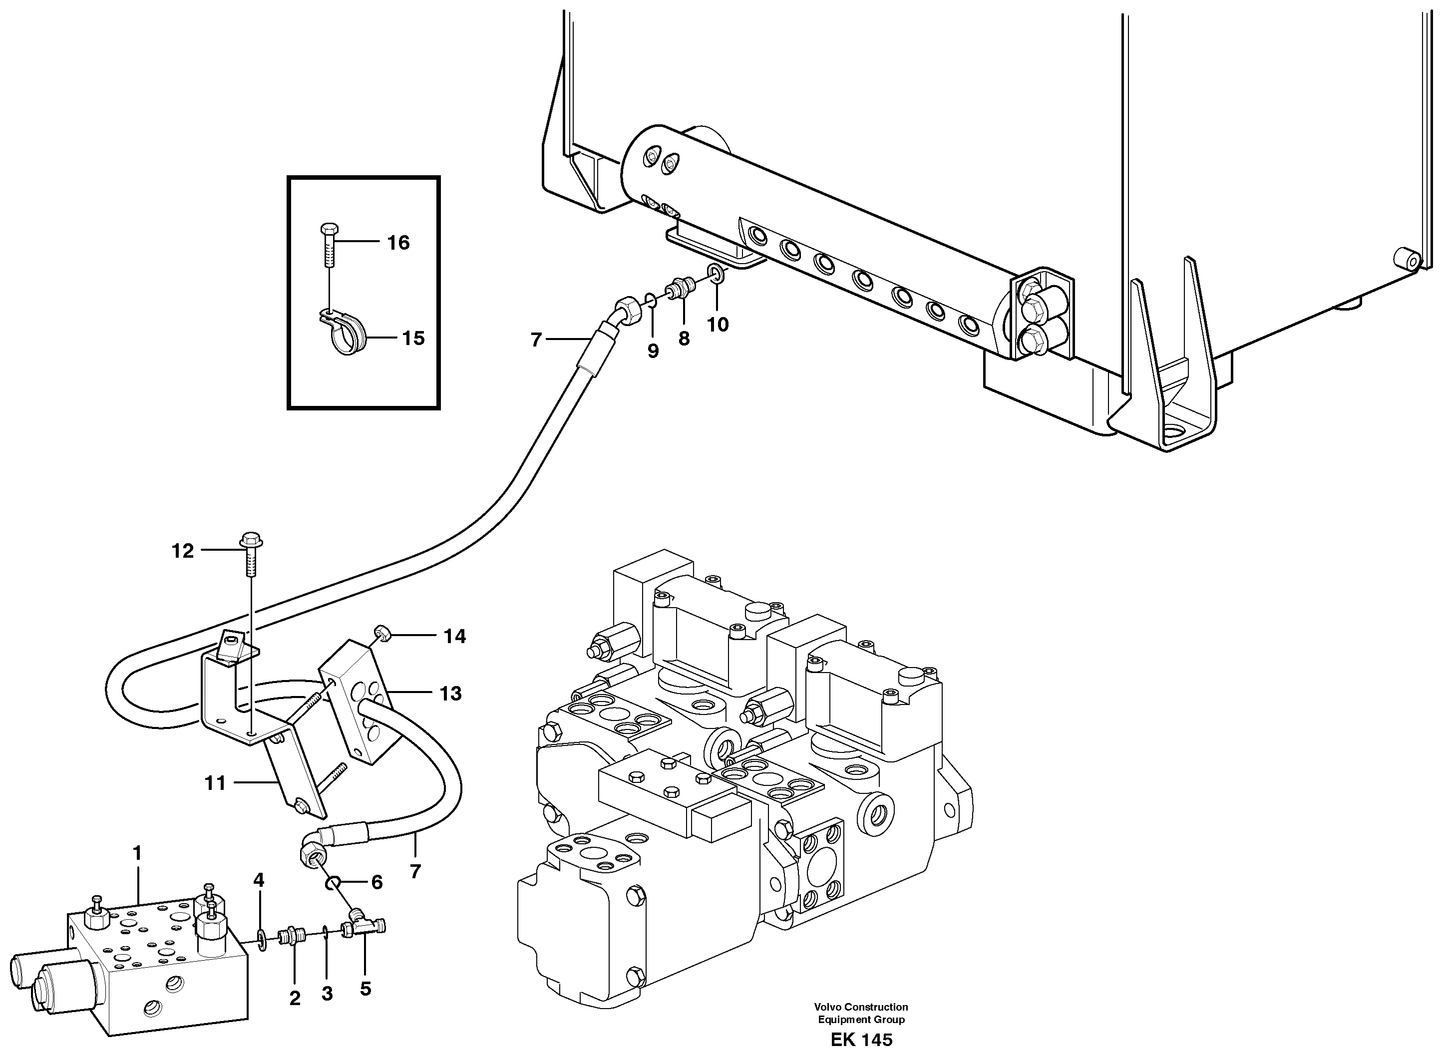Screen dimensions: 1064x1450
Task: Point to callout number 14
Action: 454,636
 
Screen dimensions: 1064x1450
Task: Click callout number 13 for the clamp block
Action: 450,694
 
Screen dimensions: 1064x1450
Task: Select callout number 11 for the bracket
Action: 215,783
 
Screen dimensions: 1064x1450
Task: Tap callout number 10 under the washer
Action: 717,325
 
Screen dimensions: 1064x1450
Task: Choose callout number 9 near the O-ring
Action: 653,351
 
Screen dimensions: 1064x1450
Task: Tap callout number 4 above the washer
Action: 258,880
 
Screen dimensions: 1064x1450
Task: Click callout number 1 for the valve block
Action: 136,853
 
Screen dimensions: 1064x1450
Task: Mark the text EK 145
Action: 861,1040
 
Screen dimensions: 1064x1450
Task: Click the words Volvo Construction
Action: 861,1007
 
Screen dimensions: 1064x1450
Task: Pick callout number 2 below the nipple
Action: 295,998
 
